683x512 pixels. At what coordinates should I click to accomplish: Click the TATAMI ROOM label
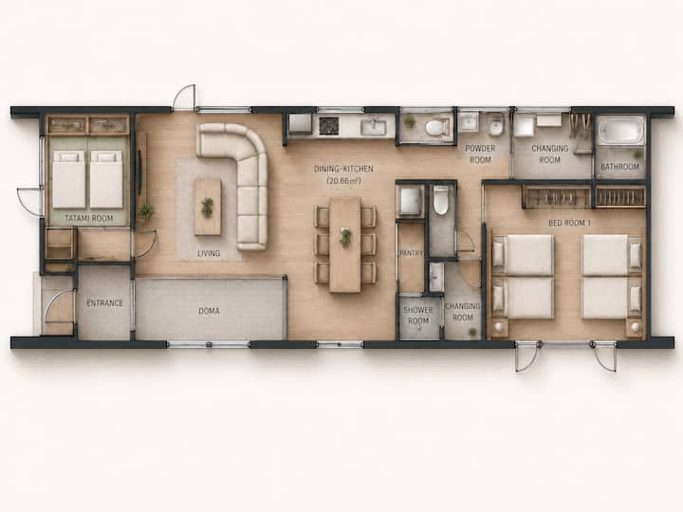tap(89, 218)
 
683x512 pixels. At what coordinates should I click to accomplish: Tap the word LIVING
tap(209, 253)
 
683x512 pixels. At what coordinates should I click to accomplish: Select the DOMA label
tap(209, 311)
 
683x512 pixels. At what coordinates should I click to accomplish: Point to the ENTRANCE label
tap(105, 303)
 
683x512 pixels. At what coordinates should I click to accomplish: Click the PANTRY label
tap(411, 253)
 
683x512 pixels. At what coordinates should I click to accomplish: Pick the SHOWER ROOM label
tap(418, 316)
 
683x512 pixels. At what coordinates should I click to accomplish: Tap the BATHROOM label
tap(619, 166)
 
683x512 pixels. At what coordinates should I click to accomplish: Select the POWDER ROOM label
tap(480, 155)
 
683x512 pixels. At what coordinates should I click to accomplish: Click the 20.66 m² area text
tap(343, 181)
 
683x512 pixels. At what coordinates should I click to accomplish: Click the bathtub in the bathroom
tap(620, 130)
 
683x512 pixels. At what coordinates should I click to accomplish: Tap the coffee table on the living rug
tap(208, 208)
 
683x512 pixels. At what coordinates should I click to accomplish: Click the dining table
tap(345, 245)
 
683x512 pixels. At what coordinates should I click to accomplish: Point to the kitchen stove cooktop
tap(329, 125)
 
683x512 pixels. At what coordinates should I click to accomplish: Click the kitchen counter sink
tap(374, 127)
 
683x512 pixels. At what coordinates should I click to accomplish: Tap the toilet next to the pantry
tap(441, 201)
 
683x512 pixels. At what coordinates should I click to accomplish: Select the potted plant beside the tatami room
tap(146, 211)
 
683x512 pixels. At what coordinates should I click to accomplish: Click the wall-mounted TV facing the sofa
tap(139, 173)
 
